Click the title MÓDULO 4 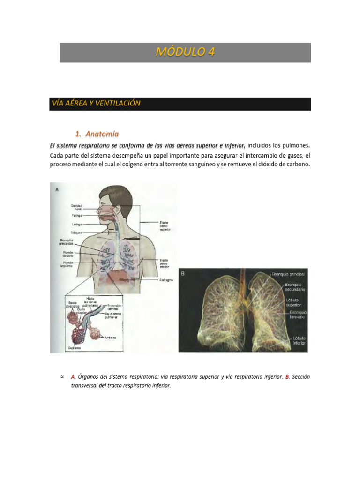tap(185, 52)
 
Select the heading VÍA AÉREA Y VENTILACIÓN tap(95, 104)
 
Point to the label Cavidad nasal tap(76, 207)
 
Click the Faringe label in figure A tap(77, 216)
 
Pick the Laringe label tap(77, 225)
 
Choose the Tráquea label tap(76, 232)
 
